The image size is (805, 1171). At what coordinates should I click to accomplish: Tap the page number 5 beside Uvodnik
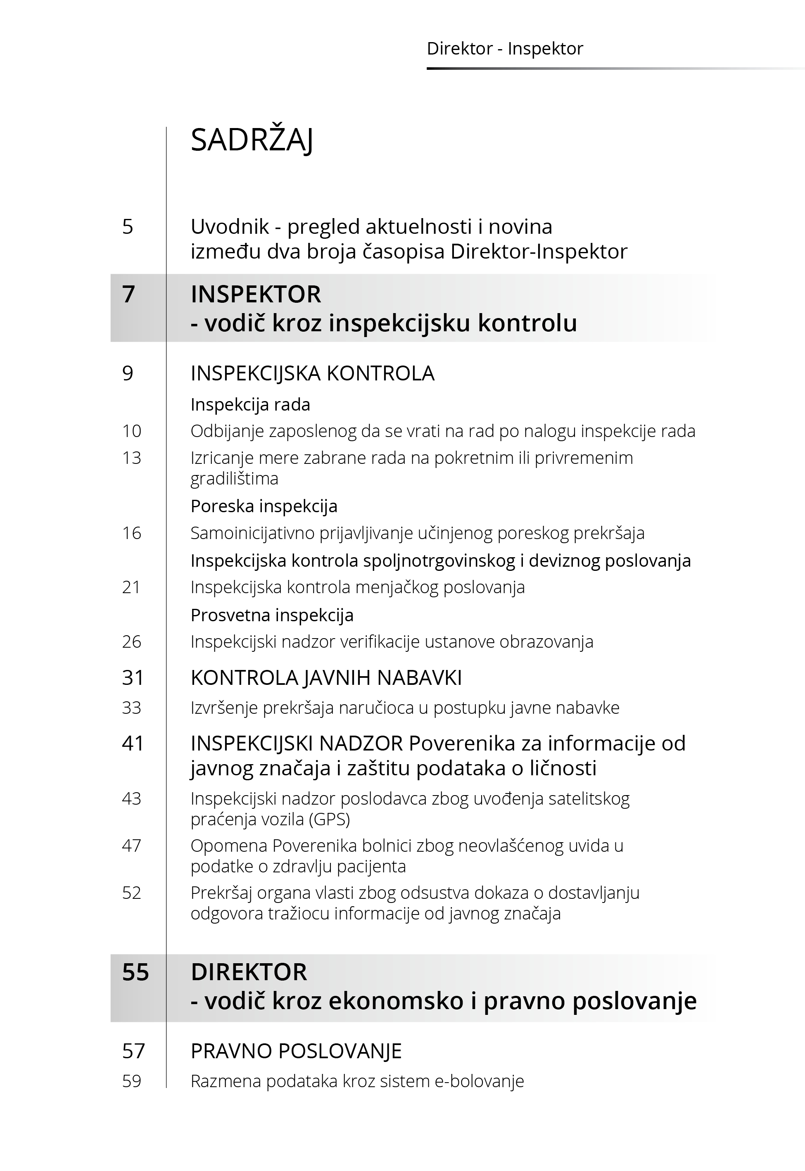(x=128, y=226)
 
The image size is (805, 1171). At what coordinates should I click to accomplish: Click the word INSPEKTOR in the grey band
(x=256, y=294)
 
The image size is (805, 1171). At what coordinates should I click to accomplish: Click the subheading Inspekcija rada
(x=250, y=404)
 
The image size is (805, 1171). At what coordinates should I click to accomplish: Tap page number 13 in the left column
(x=131, y=458)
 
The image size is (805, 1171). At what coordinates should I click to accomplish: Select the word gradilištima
(x=234, y=479)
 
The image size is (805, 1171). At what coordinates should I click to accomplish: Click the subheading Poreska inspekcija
(x=264, y=506)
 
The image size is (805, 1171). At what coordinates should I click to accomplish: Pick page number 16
(x=131, y=533)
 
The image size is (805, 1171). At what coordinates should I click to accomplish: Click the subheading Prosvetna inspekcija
(x=272, y=615)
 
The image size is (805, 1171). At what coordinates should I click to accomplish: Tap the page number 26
(x=131, y=642)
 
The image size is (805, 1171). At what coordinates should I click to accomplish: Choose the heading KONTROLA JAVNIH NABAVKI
(x=326, y=678)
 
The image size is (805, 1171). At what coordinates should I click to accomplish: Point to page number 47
(x=131, y=846)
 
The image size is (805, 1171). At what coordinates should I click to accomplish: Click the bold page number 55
(x=135, y=972)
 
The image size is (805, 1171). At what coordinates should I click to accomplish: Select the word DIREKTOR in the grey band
(x=249, y=972)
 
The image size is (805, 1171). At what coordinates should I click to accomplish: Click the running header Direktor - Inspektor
(x=504, y=48)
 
